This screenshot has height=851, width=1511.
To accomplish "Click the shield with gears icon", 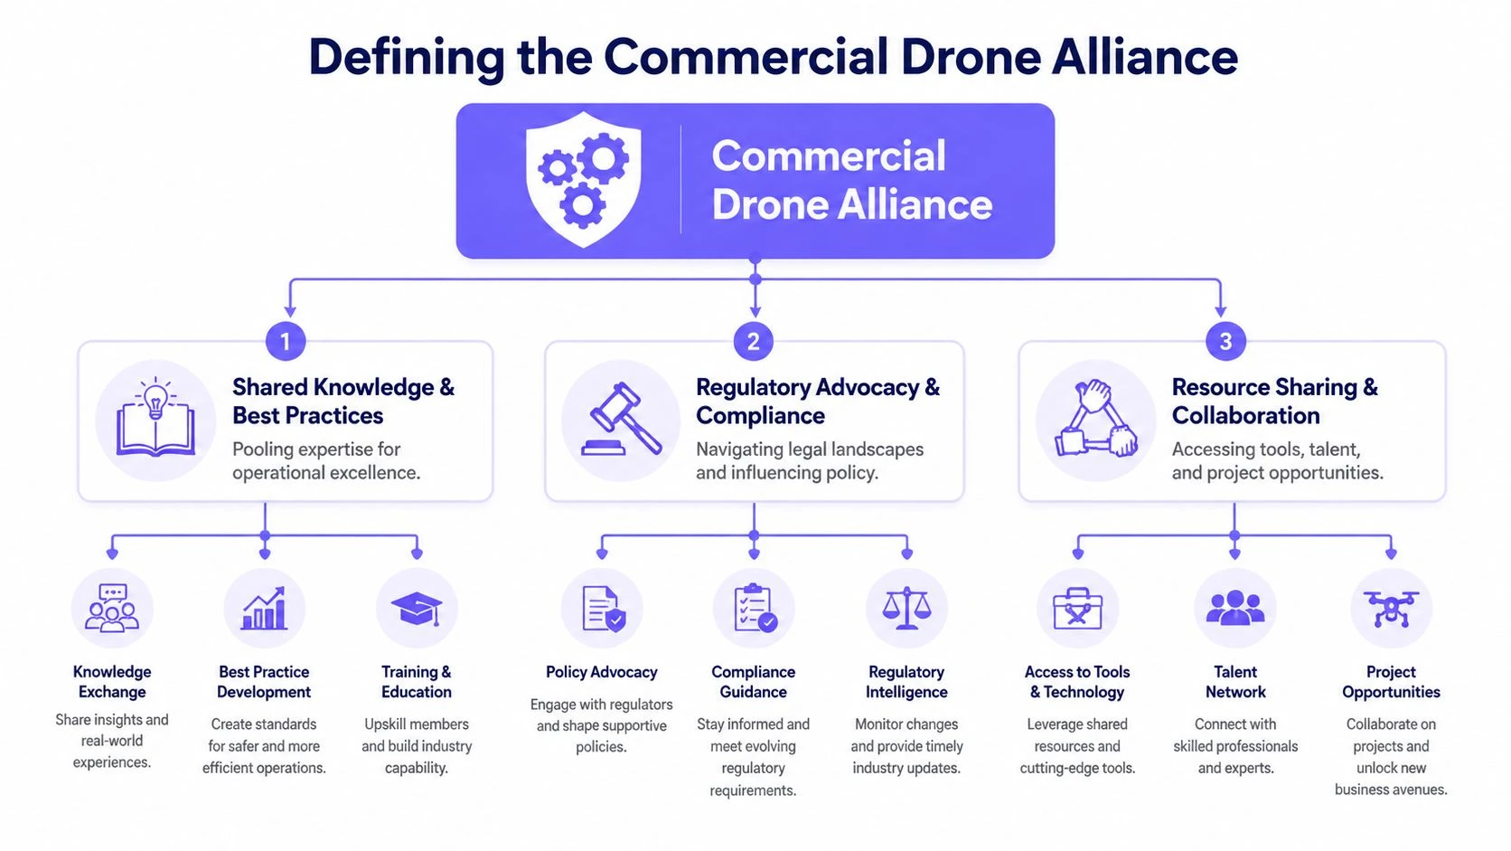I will coord(584,179).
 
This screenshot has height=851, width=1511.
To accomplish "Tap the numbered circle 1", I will coord(286,342).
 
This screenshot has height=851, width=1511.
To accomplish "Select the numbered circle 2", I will coord(754,342).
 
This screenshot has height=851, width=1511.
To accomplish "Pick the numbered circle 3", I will coord(1225,342).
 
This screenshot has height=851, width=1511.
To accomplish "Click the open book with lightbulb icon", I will coord(155,420).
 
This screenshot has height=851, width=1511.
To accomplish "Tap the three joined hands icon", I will coord(1095,420).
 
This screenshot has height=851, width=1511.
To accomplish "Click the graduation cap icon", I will coord(417,609).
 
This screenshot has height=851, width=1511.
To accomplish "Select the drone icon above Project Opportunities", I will coord(1391,609).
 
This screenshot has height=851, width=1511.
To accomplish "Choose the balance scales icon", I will coord(906,609).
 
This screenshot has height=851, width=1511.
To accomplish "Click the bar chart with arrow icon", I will coord(264,609).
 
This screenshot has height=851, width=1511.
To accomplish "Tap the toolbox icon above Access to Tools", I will coord(1077,609).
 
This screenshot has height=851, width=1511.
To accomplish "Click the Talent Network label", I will coord(1235,682).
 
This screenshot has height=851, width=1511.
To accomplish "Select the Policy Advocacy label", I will coord(601,672).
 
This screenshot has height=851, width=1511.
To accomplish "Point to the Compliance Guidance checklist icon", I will coord(754,609).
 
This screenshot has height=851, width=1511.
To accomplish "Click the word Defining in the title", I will coord(406,57).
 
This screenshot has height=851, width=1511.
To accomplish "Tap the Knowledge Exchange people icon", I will coord(112,609).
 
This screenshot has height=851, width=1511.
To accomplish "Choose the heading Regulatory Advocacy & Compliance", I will coord(817,401).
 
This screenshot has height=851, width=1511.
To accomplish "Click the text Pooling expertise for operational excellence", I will coord(325,461).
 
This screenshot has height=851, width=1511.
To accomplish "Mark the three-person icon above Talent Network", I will coord(1235,609).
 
